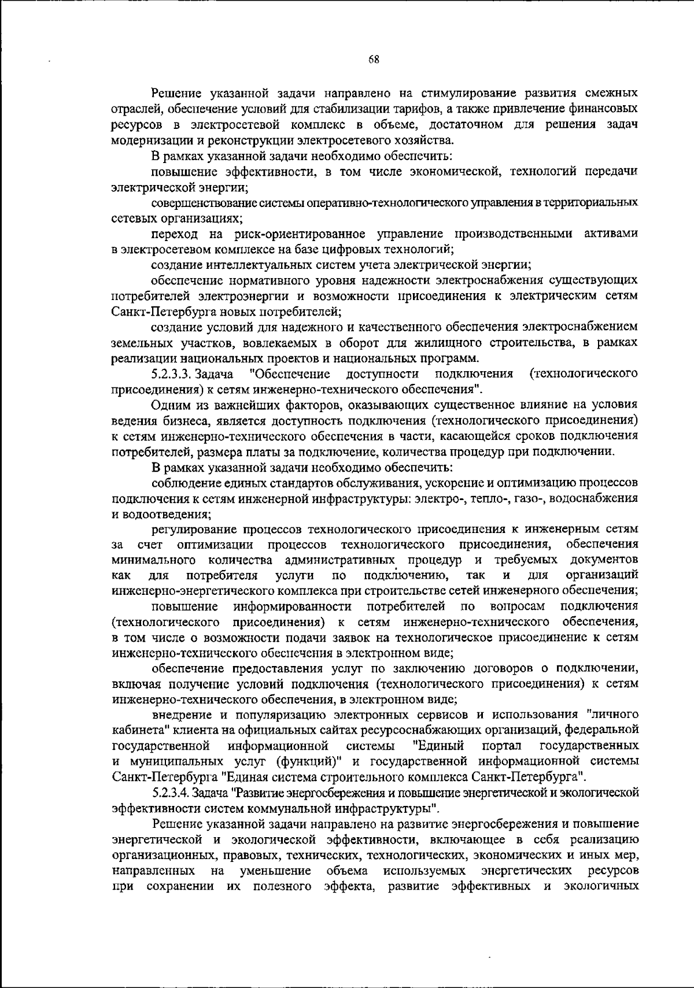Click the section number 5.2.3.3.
point(174,373)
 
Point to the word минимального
point(152,560)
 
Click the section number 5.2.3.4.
point(174,790)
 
